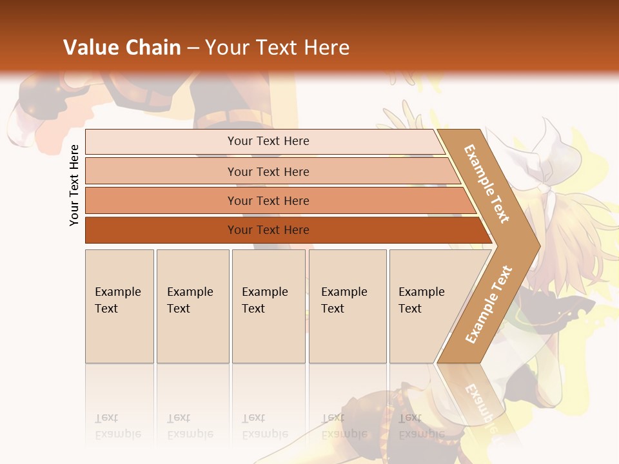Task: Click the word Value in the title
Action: pos(90,48)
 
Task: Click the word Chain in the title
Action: pos(153,48)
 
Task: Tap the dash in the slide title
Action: pos(193,48)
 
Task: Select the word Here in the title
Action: pos(326,48)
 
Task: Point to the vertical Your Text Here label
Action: pos(74,185)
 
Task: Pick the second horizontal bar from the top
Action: pos(268,171)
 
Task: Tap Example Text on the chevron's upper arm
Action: pos(487,184)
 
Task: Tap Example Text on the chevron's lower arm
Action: pos(488,305)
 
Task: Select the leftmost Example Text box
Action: pos(119,306)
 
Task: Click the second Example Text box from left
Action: pos(192,306)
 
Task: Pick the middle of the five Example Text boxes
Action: pos(268,306)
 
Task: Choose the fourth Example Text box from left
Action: pos(347,306)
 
